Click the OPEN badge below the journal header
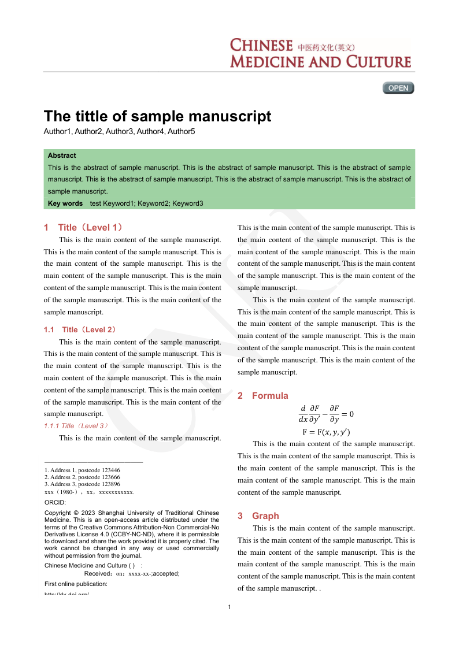pyautogui.click(x=398, y=88)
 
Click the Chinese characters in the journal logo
pyautogui.click(x=326, y=47)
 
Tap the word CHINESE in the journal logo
pyautogui.click(x=261, y=46)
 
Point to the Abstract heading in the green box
pyautogui.click(x=62, y=155)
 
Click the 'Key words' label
pyautogui.click(x=65, y=203)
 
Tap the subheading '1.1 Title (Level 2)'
pyautogui.click(x=80, y=329)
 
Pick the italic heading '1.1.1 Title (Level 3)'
pyautogui.click(x=76, y=426)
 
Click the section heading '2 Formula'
pyautogui.click(x=263, y=396)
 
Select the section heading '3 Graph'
pyautogui.click(x=258, y=516)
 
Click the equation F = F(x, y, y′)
pyautogui.click(x=326, y=432)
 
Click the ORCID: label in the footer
pyautogui.click(x=55, y=503)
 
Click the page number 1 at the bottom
pyautogui.click(x=229, y=607)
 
